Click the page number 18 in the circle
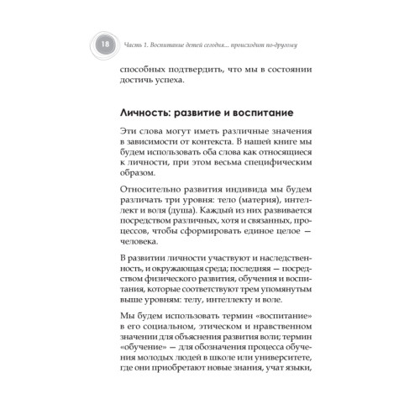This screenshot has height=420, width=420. [102, 45]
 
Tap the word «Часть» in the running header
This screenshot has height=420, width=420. [138, 45]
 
